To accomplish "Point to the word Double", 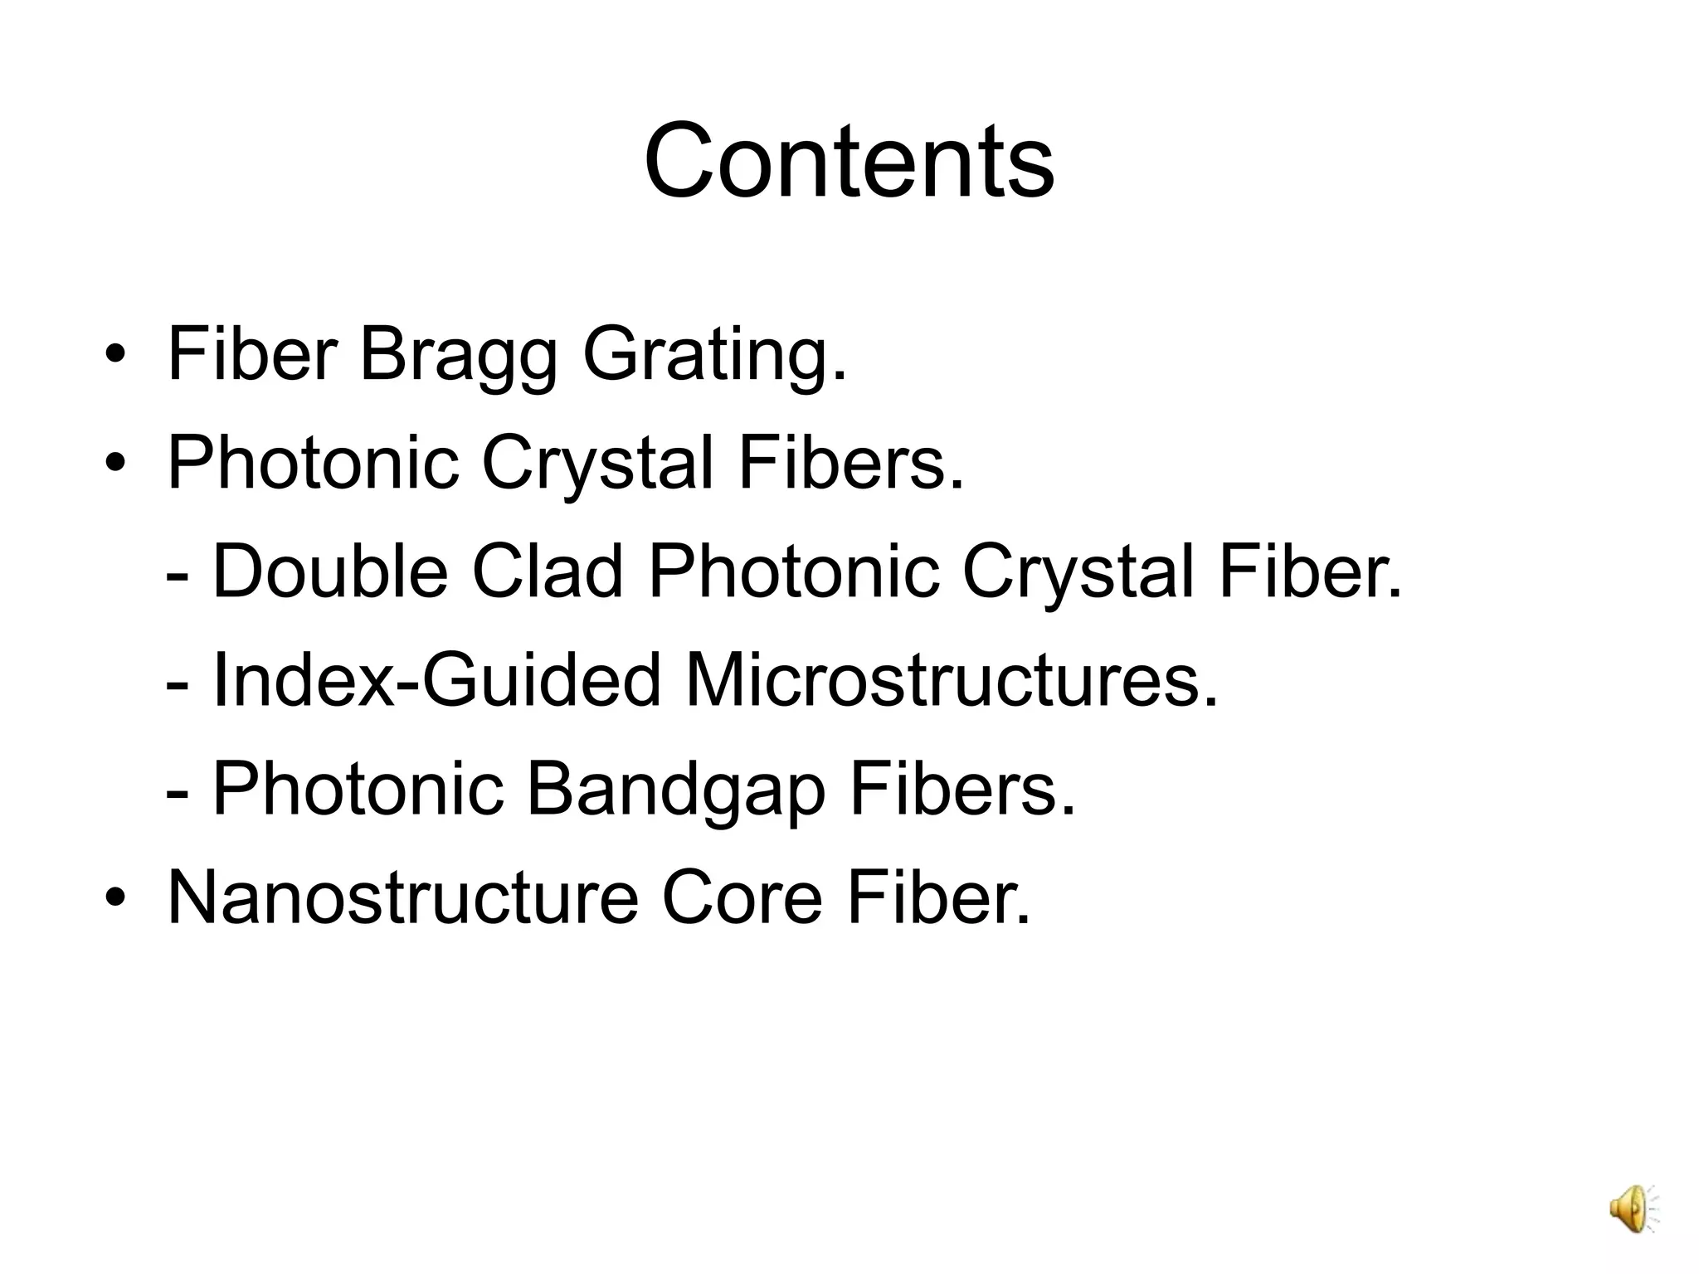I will tap(330, 571).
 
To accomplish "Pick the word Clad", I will tap(547, 571).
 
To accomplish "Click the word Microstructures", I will tap(951, 680).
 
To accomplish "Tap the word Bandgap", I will tap(676, 789).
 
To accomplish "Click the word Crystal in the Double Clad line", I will tap(1078, 571).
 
